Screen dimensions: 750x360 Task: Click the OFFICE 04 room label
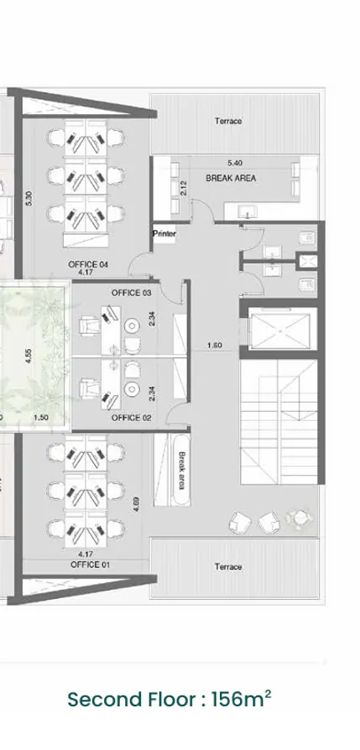(86, 263)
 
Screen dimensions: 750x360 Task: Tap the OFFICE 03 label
(131, 293)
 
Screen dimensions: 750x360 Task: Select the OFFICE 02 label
(131, 417)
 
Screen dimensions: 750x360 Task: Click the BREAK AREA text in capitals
(231, 178)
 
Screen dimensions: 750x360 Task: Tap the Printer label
(164, 235)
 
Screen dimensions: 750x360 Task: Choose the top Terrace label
(228, 122)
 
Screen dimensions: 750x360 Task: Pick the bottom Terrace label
(228, 567)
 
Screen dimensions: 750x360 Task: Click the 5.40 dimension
(236, 162)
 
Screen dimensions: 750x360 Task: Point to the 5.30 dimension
(29, 200)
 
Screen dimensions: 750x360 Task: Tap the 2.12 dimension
(184, 188)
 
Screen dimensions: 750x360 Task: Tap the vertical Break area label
(181, 471)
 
